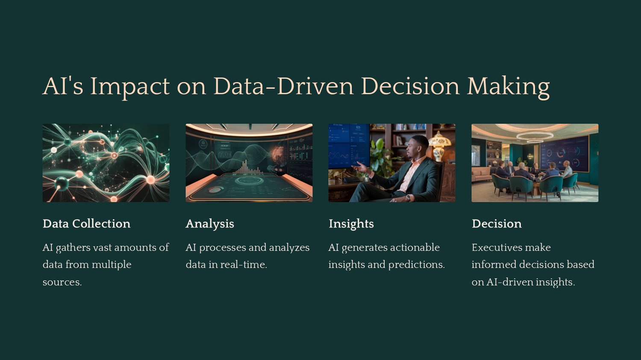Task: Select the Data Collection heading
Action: click(86, 224)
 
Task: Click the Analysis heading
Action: click(210, 224)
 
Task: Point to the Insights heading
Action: click(351, 224)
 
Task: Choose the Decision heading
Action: click(497, 224)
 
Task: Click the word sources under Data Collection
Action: click(62, 283)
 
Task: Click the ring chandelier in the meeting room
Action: click(535, 136)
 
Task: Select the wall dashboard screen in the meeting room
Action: click(564, 154)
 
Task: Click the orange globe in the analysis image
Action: click(279, 155)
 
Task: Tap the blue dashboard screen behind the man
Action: click(349, 146)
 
